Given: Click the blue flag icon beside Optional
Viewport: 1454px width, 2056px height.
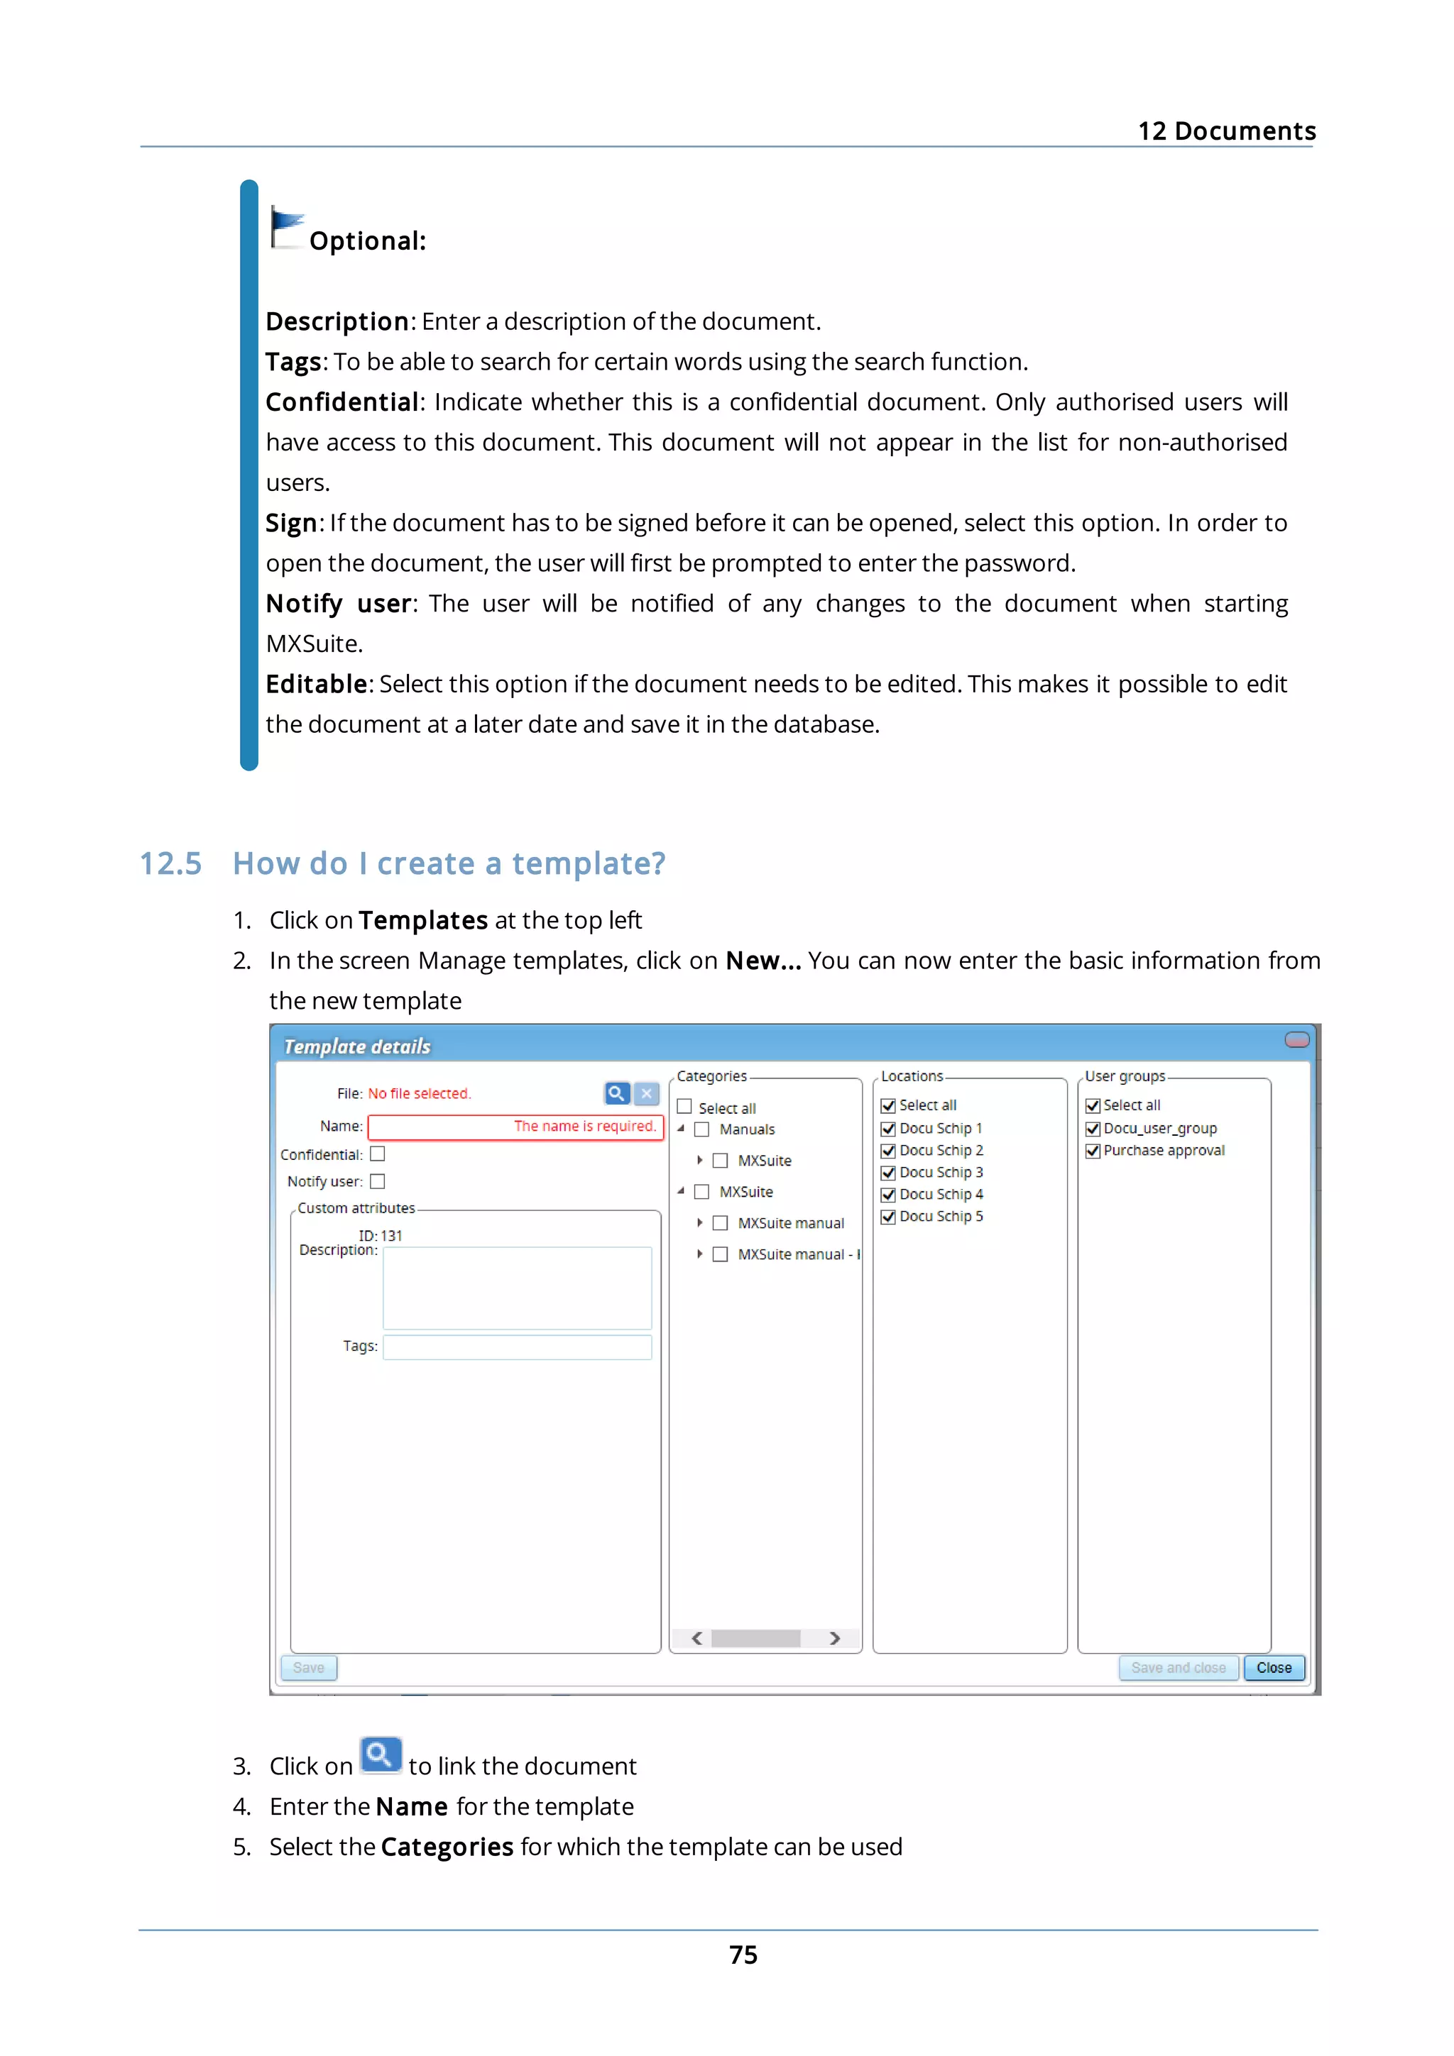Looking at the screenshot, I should [287, 226].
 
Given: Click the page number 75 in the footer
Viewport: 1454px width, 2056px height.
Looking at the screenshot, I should [743, 1955].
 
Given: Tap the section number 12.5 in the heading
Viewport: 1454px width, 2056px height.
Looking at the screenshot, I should [170, 863].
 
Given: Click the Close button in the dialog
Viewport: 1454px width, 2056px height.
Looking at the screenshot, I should [1273, 1667].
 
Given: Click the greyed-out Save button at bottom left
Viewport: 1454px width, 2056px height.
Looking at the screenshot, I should [308, 1667].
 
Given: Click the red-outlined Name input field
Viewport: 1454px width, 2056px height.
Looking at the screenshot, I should [515, 1127].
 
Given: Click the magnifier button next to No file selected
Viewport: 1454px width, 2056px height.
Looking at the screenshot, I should [616, 1093].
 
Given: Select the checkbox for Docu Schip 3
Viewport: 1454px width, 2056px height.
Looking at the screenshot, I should [889, 1173].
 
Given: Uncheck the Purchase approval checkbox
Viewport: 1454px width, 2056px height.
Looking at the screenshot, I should [1093, 1151].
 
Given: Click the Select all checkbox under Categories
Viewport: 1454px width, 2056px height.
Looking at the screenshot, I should [684, 1107].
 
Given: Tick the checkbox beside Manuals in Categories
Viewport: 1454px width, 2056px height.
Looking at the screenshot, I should [702, 1129].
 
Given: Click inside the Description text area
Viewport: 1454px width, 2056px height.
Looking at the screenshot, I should [517, 1288].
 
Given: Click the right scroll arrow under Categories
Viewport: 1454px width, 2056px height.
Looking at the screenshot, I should [835, 1638].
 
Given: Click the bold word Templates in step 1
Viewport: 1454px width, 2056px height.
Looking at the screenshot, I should [423, 921].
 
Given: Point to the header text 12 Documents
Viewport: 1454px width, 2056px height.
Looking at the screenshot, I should [1225, 131].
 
